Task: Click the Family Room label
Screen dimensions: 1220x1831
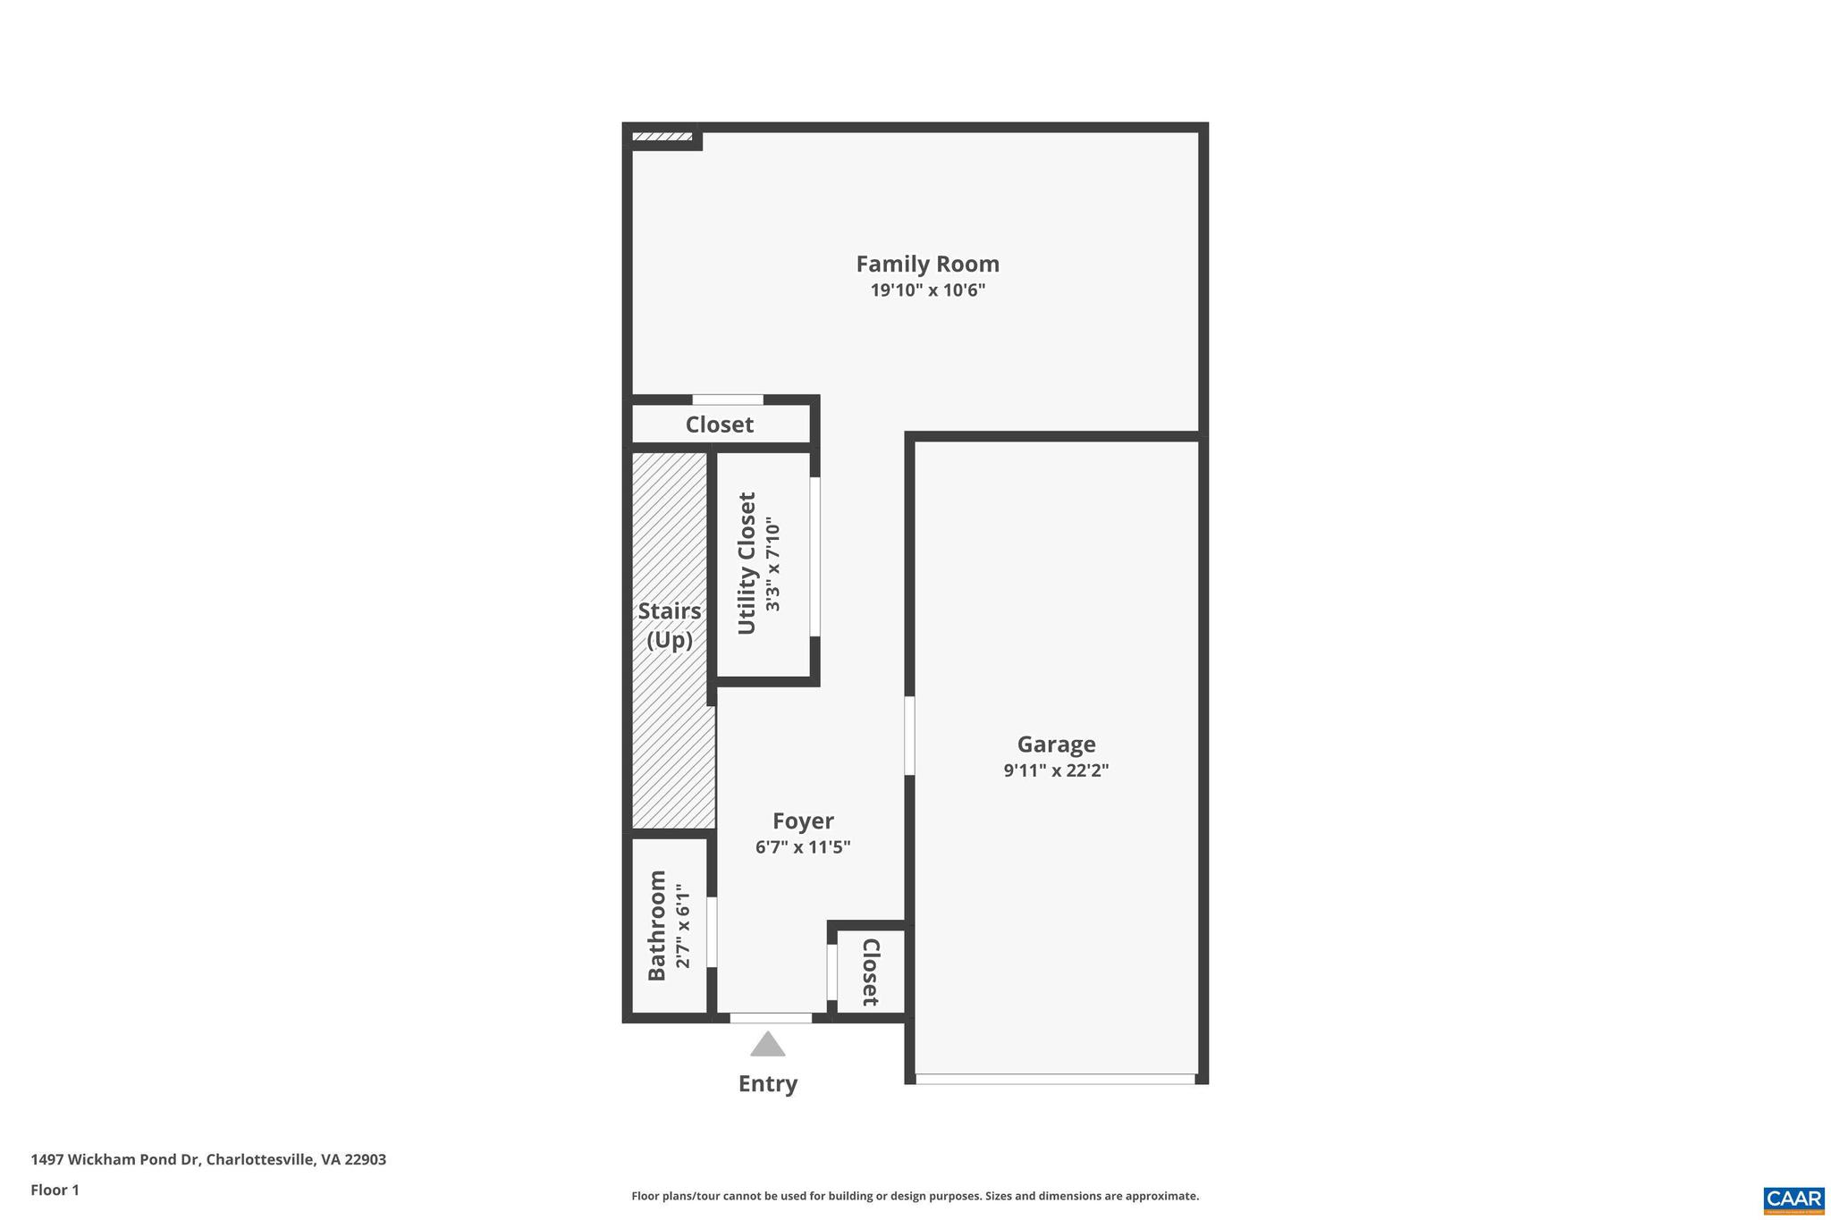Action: point(927,264)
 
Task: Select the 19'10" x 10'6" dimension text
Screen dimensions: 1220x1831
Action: point(927,290)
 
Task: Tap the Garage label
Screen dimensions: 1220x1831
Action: point(1056,744)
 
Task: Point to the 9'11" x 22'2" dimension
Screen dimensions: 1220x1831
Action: point(1056,770)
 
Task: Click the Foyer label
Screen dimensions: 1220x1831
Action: point(803,820)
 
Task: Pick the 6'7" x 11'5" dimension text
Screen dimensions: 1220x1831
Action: point(803,847)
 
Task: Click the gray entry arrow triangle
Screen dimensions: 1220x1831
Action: point(767,1045)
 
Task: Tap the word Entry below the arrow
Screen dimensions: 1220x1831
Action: point(767,1083)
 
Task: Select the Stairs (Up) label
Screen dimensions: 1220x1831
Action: point(669,625)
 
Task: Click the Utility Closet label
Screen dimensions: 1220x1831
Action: point(747,563)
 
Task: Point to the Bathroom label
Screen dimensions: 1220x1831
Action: point(657,925)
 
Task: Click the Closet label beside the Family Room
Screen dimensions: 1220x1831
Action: point(719,425)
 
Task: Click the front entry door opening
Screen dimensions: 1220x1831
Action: point(771,1018)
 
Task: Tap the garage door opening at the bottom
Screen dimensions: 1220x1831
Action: point(1055,1079)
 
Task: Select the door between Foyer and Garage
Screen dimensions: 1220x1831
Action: point(909,736)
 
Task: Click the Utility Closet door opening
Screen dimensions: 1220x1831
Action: point(814,557)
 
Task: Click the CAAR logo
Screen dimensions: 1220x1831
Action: point(1793,1199)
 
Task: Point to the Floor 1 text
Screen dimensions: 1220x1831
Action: point(55,1190)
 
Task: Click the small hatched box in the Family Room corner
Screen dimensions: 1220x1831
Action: point(662,137)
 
